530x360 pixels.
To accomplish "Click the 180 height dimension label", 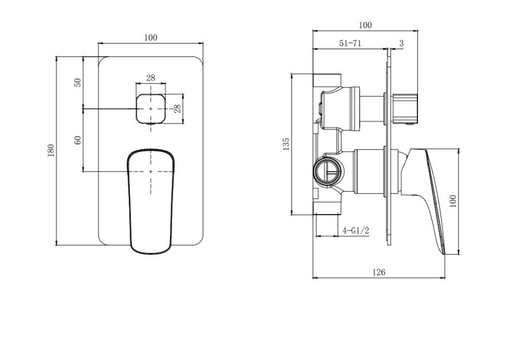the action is [51, 150].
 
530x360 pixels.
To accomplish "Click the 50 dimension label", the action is [78, 82].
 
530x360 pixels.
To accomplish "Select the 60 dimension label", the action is [78, 140].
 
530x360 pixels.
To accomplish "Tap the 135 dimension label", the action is [286, 144].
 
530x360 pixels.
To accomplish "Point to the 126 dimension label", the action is [379, 272].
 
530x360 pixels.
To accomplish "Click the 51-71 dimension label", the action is [350, 43].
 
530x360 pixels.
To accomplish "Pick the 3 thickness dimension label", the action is [401, 43].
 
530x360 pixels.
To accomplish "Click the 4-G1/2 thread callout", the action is [356, 231].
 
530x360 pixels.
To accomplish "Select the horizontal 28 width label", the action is [150, 78].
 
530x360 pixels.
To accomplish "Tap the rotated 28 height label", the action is [177, 109].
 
